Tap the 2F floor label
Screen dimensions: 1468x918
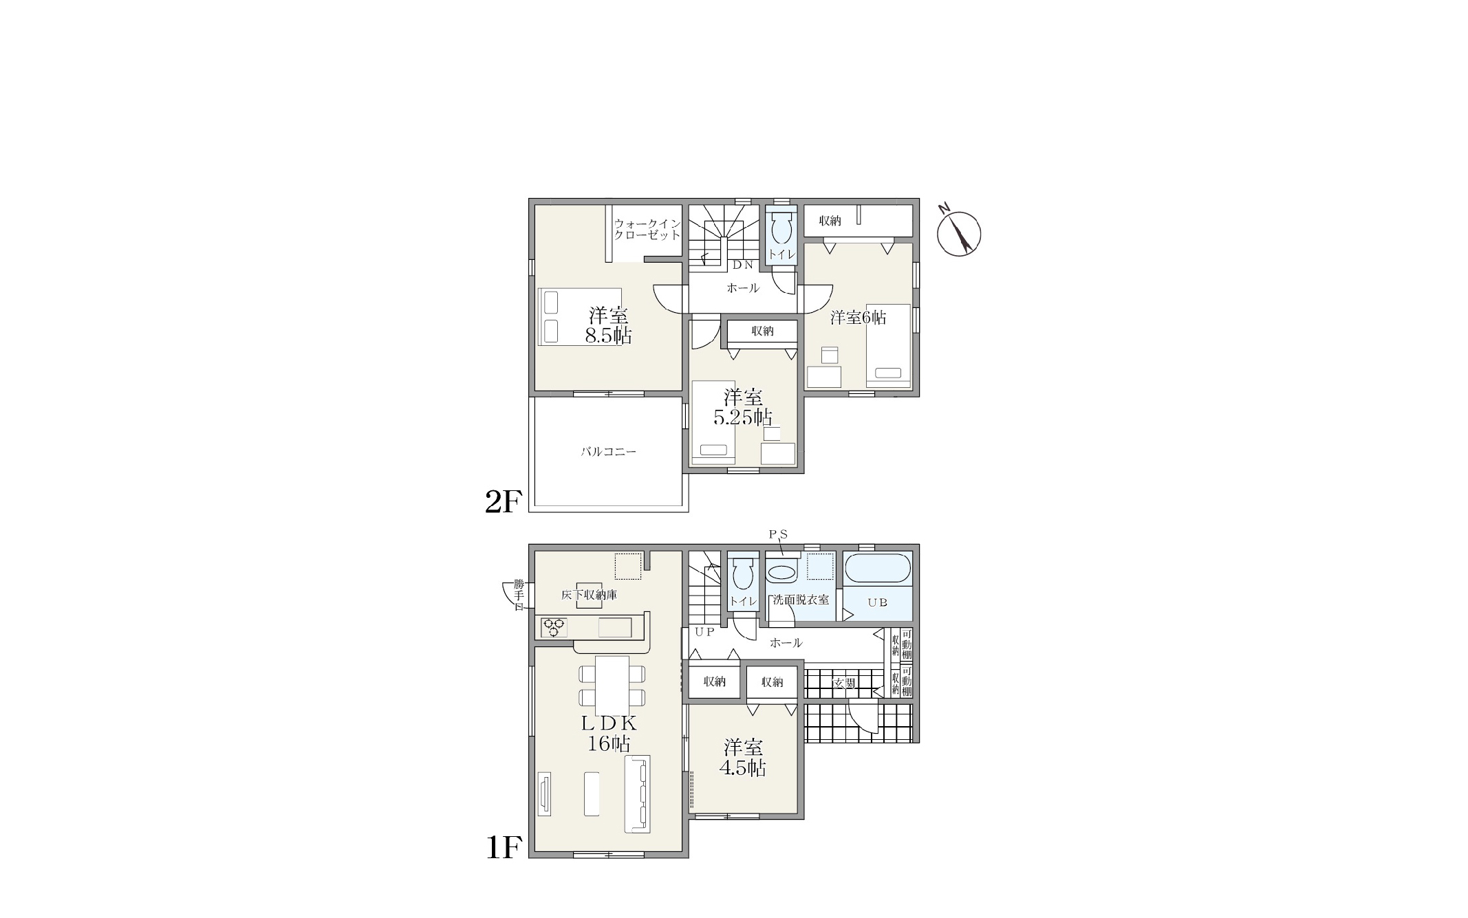point(504,502)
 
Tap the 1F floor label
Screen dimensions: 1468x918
point(504,847)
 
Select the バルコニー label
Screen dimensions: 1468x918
point(609,452)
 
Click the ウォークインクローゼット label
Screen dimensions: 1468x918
point(647,229)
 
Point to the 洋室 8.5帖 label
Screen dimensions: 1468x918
point(609,326)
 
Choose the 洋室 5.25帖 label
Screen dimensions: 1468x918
point(743,407)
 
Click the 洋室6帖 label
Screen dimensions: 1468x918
point(858,317)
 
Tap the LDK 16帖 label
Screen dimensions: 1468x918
point(609,733)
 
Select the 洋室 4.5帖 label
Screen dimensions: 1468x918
point(743,758)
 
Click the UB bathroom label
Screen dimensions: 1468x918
point(877,602)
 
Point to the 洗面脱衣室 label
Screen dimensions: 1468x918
point(801,600)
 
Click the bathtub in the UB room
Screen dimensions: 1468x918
point(877,569)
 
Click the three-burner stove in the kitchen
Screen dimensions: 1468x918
point(554,627)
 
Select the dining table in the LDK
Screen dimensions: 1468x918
point(612,686)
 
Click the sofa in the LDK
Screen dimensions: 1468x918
point(637,794)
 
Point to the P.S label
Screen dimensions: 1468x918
point(778,534)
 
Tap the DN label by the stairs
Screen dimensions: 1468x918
point(742,265)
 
